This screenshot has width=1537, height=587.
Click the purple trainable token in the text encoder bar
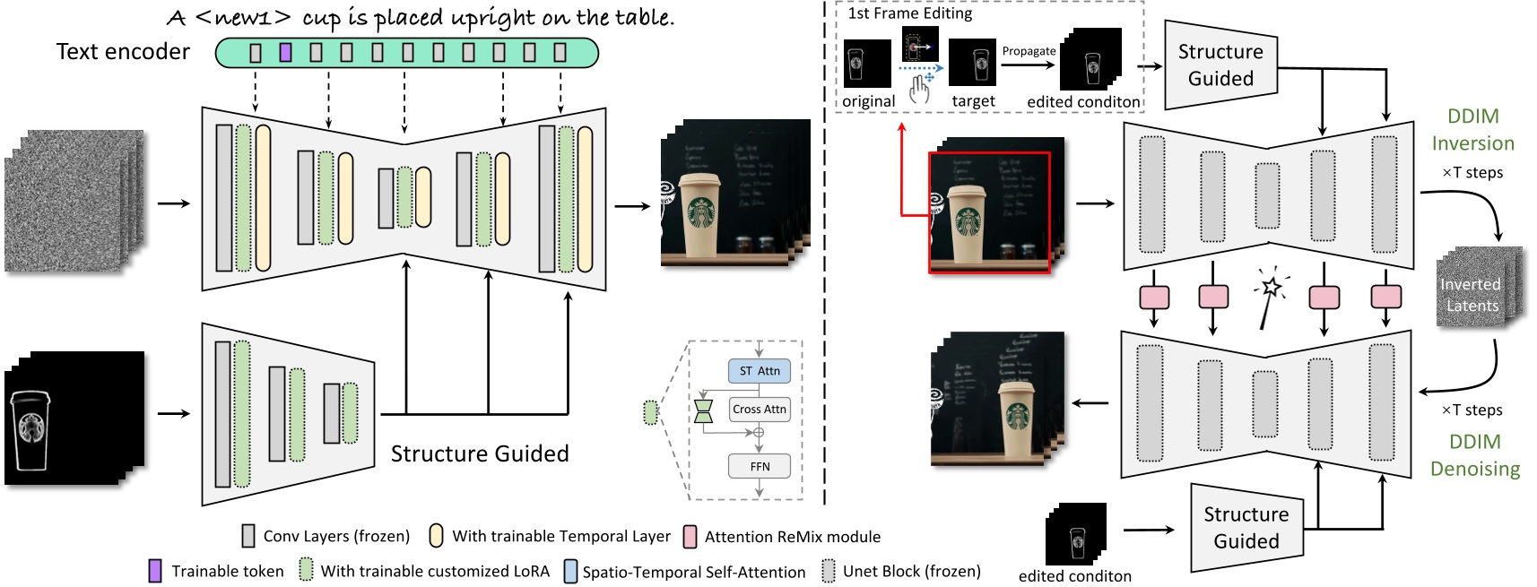click(285, 53)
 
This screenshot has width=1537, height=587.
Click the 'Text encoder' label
click(123, 52)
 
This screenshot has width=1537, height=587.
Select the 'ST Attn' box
click(759, 371)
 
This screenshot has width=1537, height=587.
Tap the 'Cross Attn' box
click(759, 410)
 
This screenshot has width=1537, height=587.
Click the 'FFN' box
click(759, 466)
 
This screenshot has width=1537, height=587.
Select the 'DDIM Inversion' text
click(1472, 130)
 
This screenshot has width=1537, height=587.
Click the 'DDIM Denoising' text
click(1474, 455)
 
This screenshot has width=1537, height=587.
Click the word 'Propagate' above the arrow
click(1029, 51)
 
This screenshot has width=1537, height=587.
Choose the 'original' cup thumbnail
click(867, 64)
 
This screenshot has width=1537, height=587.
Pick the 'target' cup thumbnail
click(972, 64)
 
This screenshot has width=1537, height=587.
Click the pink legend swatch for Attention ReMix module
click(690, 537)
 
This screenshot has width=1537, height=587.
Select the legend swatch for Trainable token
click(155, 571)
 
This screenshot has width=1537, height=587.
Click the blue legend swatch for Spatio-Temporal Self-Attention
click(570, 572)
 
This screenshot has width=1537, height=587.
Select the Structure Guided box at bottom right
click(1246, 528)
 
